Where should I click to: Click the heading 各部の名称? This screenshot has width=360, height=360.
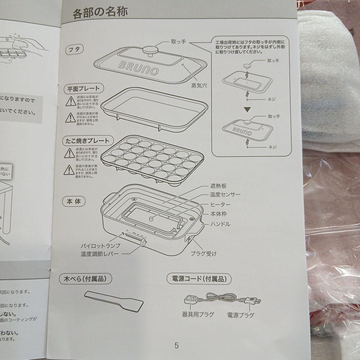(x=100, y=13)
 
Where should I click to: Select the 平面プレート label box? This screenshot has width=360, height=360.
(x=84, y=88)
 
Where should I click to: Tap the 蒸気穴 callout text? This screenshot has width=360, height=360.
(x=199, y=85)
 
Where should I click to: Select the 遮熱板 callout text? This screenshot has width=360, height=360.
(x=219, y=186)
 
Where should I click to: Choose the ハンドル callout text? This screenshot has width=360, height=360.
(x=220, y=224)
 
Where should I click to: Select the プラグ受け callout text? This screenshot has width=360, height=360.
(x=203, y=254)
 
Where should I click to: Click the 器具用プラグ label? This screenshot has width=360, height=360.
(x=198, y=314)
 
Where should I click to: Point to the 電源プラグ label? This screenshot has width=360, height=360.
(x=240, y=315)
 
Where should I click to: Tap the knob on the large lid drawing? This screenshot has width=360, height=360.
(x=150, y=50)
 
